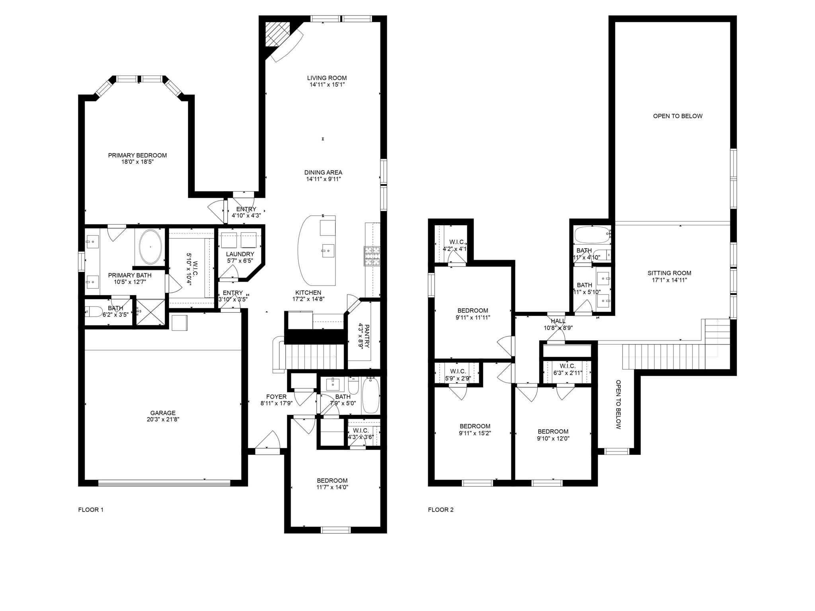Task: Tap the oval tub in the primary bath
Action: [150, 247]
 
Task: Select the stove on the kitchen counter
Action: [372, 257]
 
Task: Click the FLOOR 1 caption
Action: [91, 510]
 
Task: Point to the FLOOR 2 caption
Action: [441, 510]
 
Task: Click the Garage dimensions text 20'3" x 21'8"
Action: [163, 419]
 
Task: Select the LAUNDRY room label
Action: [240, 254]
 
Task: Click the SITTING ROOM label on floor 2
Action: [669, 273]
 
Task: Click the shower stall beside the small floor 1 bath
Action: [150, 312]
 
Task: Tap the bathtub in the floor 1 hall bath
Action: [370, 396]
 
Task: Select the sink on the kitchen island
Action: [327, 251]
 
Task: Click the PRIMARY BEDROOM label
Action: [137, 155]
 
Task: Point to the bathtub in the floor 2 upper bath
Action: [592, 235]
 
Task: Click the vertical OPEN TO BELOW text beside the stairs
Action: [618, 404]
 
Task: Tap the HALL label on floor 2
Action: [558, 321]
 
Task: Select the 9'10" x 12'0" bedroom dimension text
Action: [553, 438]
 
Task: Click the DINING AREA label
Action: [323, 172]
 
